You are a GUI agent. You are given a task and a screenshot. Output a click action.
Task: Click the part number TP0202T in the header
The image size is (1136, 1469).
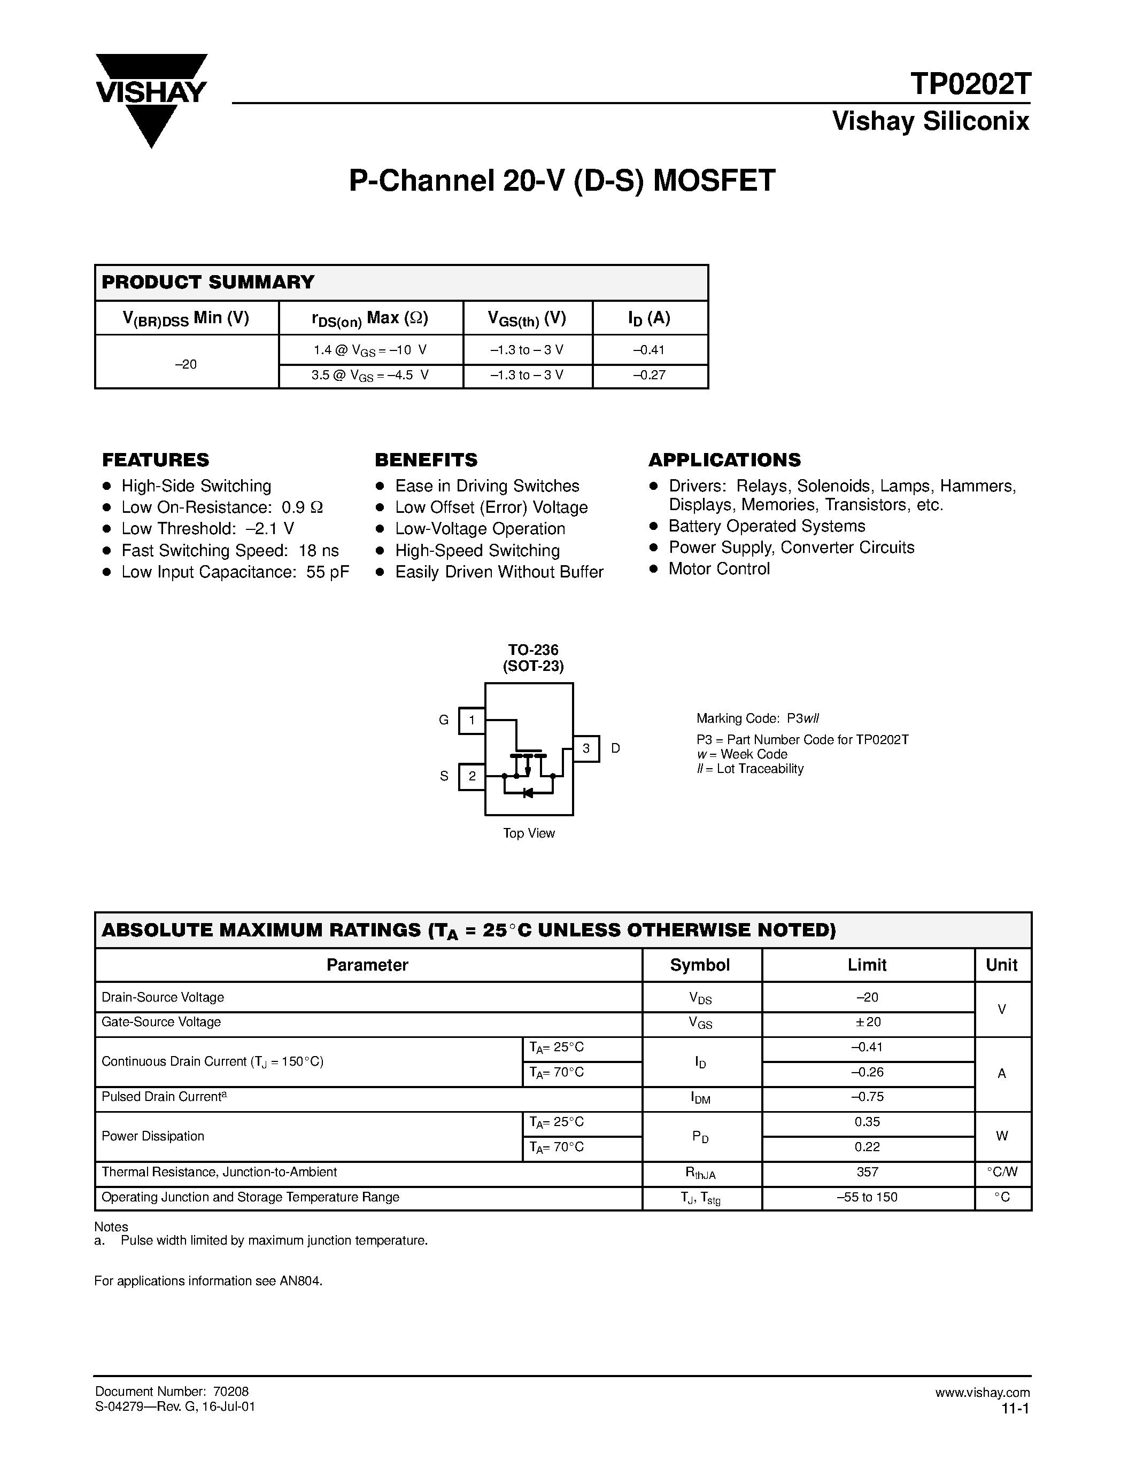969,85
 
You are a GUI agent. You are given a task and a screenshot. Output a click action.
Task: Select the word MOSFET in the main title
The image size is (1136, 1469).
714,181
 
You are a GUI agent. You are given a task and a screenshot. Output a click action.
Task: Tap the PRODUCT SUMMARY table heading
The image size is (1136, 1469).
208,283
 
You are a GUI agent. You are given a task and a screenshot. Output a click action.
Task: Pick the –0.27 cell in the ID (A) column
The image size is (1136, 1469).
650,376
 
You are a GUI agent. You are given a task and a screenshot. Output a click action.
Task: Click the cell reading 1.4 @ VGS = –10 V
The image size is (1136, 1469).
370,350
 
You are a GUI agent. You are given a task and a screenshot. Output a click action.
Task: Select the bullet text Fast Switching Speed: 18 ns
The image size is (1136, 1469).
230,551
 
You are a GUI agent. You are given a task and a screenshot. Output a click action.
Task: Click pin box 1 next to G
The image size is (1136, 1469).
472,721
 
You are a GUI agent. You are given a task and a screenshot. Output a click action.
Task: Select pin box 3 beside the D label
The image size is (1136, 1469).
585,748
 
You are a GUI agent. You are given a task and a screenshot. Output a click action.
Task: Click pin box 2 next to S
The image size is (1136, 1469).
472,777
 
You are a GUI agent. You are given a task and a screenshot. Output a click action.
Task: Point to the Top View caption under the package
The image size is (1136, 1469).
529,833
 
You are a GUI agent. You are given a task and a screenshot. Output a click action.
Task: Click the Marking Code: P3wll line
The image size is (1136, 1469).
758,718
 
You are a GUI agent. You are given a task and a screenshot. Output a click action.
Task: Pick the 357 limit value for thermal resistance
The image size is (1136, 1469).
868,1173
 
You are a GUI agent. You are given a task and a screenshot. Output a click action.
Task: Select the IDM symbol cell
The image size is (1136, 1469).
701,1098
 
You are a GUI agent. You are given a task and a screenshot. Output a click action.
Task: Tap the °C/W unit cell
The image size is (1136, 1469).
1002,1173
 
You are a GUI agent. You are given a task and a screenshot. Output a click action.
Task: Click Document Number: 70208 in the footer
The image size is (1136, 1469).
172,1392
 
